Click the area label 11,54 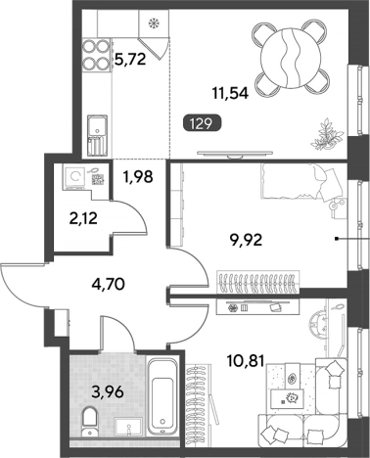[x=230, y=94]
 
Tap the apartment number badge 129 [x=202, y=124]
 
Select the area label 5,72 [x=130, y=60]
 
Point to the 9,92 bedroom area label [x=245, y=241]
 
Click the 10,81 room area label [x=245, y=361]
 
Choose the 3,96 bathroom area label [x=108, y=391]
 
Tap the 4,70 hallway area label [x=108, y=284]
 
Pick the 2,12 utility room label [x=83, y=218]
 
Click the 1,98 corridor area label [x=138, y=177]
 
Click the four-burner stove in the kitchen [x=96, y=55]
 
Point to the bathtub [x=162, y=396]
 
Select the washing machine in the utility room [x=75, y=177]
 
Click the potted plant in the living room [x=327, y=134]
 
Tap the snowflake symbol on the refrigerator [x=153, y=23]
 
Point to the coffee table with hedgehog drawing [x=288, y=398]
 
